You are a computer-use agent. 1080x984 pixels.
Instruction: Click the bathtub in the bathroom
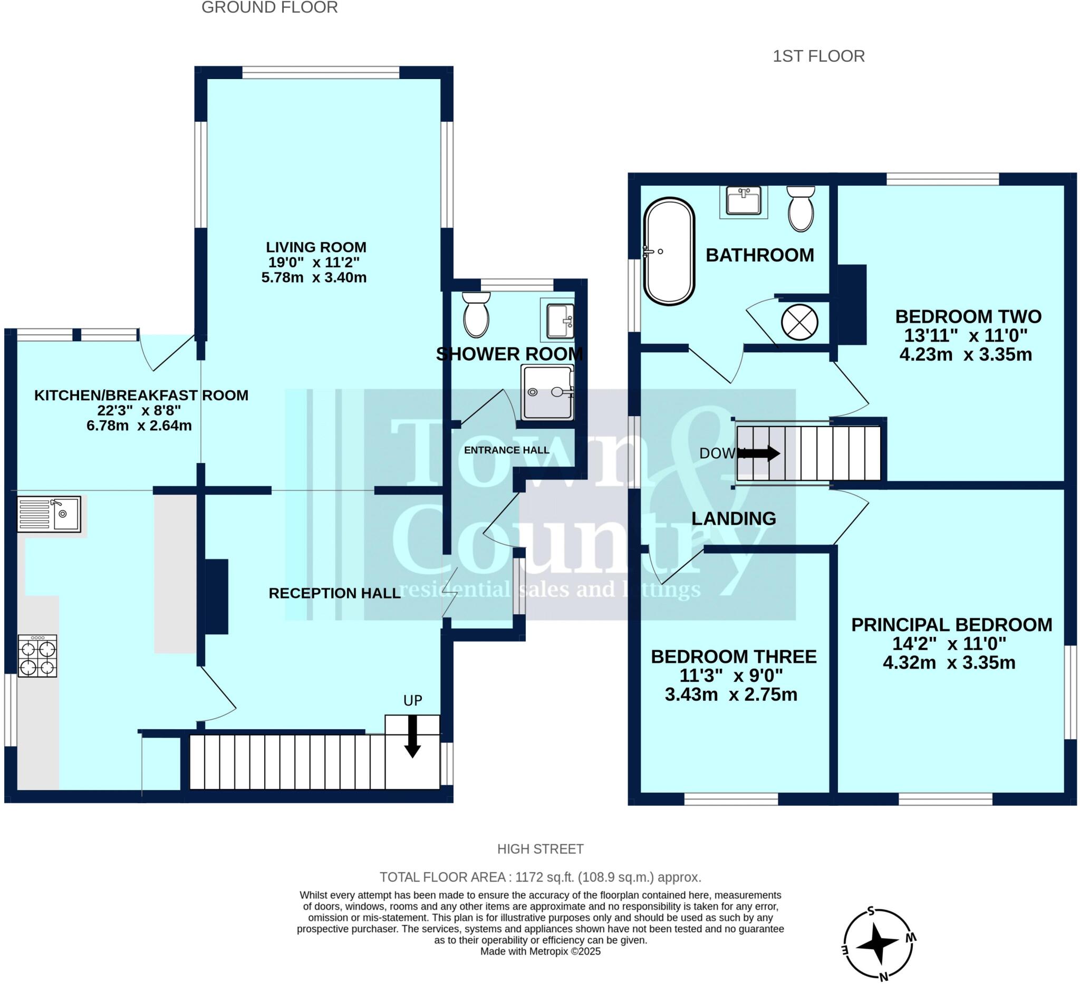(669, 252)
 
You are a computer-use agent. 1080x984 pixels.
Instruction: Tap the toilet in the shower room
(476, 315)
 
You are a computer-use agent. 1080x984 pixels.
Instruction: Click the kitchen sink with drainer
(49, 514)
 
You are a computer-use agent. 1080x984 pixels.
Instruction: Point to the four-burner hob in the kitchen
(37, 656)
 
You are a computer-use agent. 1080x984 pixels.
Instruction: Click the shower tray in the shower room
(547, 393)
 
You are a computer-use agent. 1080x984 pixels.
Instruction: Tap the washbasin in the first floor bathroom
(744, 201)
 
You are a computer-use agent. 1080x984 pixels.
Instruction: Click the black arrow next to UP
(412, 737)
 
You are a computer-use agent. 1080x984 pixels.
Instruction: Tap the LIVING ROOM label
(316, 247)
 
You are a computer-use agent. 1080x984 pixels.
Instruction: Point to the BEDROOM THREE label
(734, 657)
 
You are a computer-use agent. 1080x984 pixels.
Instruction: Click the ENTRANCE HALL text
(506, 450)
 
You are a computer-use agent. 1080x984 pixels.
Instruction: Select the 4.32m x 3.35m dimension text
(949, 663)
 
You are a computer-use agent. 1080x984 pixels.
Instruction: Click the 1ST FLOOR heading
(818, 56)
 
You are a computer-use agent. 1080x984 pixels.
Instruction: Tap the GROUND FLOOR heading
(269, 7)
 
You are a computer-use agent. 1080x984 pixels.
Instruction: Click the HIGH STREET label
(540, 849)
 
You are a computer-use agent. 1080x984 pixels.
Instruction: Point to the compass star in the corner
(877, 944)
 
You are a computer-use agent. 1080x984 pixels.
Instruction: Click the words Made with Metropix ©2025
(540, 951)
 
